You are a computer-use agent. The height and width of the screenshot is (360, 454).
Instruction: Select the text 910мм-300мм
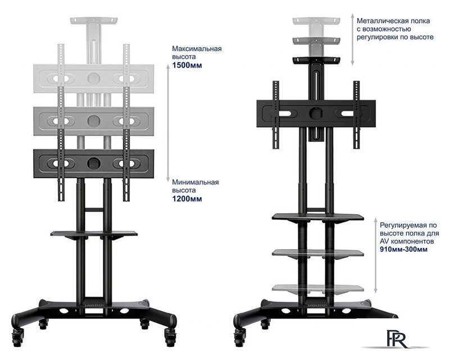[x=403, y=249]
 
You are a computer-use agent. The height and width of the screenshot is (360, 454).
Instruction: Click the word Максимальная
[x=197, y=48]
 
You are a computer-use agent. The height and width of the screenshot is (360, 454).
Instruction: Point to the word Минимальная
[x=196, y=182]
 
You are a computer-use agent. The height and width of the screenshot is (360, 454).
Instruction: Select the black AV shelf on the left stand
[x=94, y=233]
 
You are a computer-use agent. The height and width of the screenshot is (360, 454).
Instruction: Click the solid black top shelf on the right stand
[x=317, y=60]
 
